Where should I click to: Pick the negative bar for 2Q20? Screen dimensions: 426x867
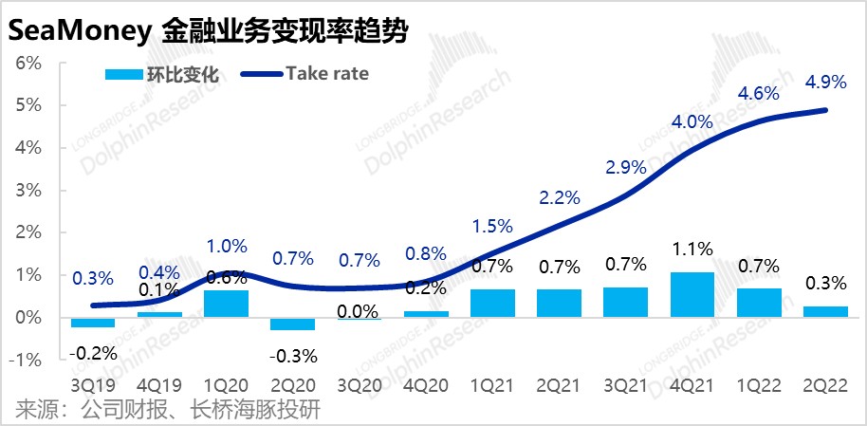coord(293,324)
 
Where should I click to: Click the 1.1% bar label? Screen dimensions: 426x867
coord(692,250)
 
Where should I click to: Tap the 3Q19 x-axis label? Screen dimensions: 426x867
coord(93,388)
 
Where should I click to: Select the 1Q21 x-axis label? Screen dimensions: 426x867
coord(492,388)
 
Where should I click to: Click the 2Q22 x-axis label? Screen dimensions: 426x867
coord(823,388)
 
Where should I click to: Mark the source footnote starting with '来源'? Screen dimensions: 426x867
coord(168,410)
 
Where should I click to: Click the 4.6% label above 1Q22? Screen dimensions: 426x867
coord(758,93)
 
